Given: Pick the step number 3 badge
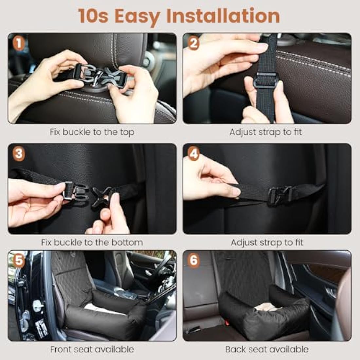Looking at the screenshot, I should point(19,154).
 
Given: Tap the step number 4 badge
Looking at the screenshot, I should point(194,154).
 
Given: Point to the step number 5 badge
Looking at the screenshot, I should point(19,261).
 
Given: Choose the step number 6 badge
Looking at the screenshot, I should point(194,261).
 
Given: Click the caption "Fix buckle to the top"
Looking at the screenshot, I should point(92,132).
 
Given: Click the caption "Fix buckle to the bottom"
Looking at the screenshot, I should point(92,243).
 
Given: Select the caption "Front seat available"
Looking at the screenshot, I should point(92,349).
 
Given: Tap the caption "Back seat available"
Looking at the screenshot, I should point(267,349).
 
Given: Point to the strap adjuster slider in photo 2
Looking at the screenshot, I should point(266,80).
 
